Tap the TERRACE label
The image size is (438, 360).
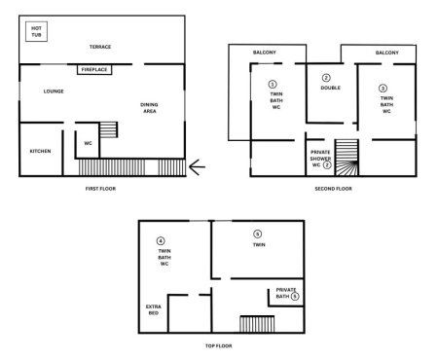click(x=100, y=47)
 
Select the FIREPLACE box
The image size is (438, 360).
click(x=94, y=69)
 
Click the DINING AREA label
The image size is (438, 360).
click(x=149, y=108)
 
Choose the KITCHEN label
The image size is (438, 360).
click(x=40, y=151)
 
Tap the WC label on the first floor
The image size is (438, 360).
click(x=87, y=143)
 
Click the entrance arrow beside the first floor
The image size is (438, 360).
click(x=197, y=167)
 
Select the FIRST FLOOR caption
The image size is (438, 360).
click(x=100, y=188)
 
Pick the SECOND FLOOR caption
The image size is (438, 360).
click(x=333, y=188)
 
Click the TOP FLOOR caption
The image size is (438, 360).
click(x=218, y=345)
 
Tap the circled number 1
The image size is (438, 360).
click(x=273, y=85)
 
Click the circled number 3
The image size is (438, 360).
click(x=383, y=89)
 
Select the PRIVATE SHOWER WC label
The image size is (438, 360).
click(x=320, y=159)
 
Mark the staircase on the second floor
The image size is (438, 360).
click(x=347, y=158)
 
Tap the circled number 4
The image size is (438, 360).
click(x=162, y=240)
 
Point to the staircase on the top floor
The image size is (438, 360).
click(x=257, y=324)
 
